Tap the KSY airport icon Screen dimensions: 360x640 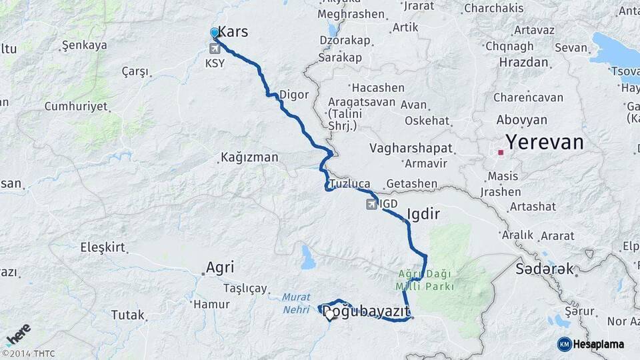pos(215,49)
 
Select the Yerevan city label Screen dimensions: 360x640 pos(544,143)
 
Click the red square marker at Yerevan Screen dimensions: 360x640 pos(500,153)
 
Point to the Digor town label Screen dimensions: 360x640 pos(294,95)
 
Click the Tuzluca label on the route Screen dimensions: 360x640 pos(349,183)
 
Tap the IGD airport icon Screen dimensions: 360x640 pos(370,204)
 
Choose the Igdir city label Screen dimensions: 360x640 pos(423,214)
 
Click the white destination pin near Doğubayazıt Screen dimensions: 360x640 pos(329,314)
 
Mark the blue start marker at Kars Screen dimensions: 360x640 pos(214,32)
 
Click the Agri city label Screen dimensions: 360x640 pos(219,267)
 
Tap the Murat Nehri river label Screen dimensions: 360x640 pos(295,303)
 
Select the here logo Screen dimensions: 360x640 pos(18,335)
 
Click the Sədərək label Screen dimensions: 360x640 pos(545,269)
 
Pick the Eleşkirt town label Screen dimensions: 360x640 pos(103,247)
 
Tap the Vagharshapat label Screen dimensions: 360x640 pos(411,148)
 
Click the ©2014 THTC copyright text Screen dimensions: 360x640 pos(28,353)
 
